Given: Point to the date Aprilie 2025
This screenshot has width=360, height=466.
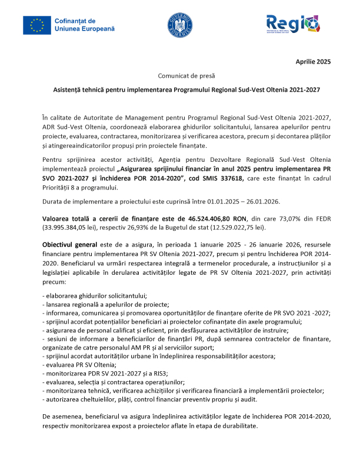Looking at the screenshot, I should [x=313, y=62].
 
